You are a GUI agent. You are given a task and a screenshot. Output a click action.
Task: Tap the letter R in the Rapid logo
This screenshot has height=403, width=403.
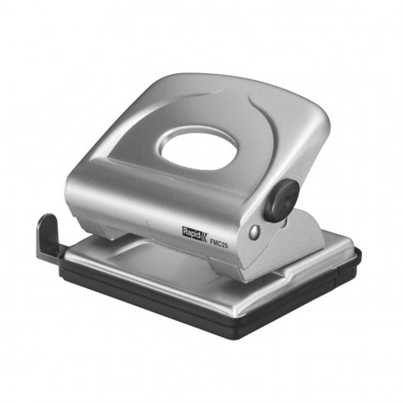coord(185,230)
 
